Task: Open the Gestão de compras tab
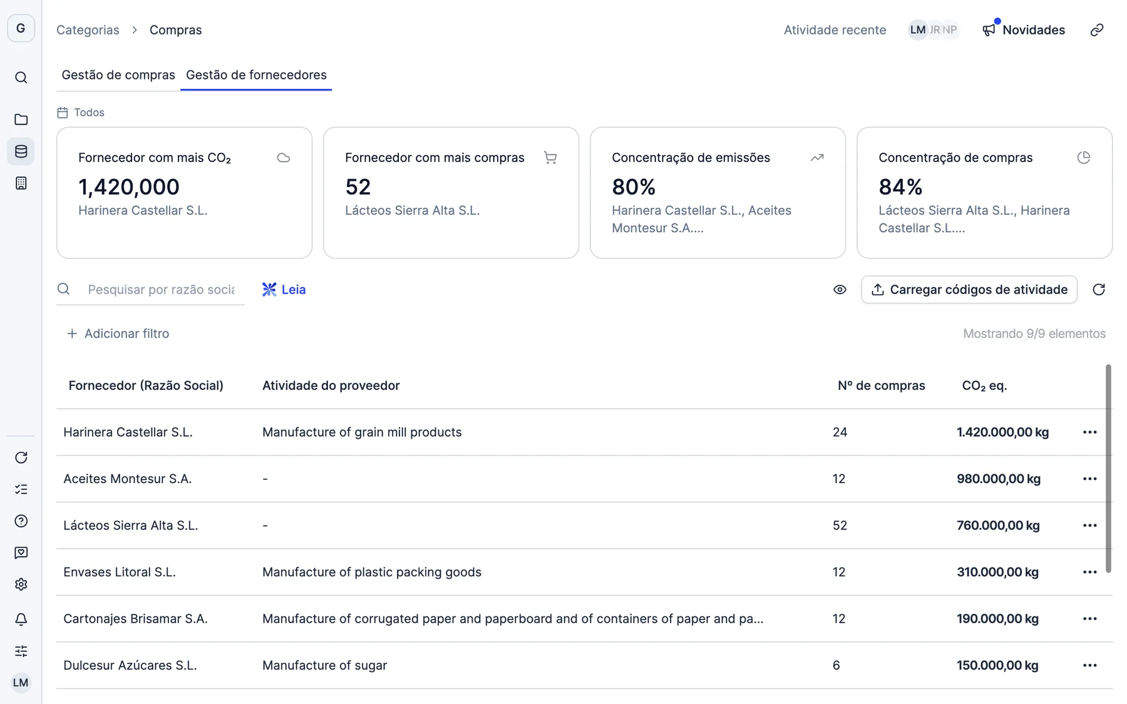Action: coord(118,75)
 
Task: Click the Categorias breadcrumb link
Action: coord(88,30)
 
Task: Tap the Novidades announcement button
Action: coord(1024,30)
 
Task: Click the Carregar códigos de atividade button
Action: coord(969,290)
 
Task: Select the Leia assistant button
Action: coord(284,290)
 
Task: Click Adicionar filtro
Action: coord(118,334)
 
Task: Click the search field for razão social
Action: coord(161,290)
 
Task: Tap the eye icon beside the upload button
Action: coord(840,290)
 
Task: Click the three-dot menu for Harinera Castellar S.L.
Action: coord(1089,432)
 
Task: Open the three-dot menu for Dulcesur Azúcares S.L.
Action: coord(1089,665)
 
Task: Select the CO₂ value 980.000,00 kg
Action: coord(999,479)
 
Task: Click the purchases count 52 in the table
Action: coord(840,526)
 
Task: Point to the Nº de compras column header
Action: coord(881,385)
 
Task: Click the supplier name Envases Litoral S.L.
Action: coord(120,572)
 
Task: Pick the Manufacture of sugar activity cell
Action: coord(324,665)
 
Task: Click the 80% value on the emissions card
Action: coord(634,186)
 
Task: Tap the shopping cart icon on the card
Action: coord(550,158)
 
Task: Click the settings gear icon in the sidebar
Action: coord(21,584)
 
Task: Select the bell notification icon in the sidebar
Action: coord(21,620)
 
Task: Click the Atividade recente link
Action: coord(835,30)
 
